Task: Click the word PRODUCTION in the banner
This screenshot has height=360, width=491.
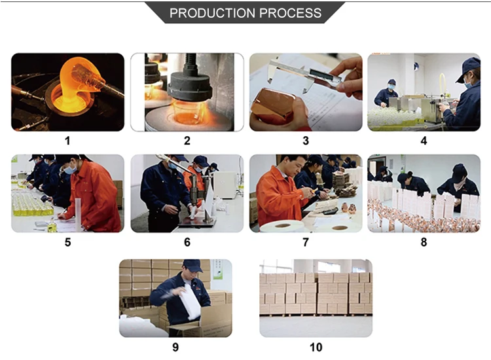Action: pos(212,13)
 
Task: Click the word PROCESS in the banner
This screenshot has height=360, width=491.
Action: pos(291,13)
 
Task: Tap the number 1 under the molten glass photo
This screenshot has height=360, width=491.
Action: pos(67,141)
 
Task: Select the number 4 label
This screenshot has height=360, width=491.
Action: pos(424,141)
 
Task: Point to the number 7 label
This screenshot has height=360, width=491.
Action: pos(306,242)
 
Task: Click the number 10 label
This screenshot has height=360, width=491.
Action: pos(316,347)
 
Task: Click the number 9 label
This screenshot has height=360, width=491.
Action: pos(175,347)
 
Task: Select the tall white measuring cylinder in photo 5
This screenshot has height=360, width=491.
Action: pos(78,215)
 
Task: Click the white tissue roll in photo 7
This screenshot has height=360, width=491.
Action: pos(282,226)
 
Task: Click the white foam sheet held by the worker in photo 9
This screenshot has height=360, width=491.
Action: pos(189,301)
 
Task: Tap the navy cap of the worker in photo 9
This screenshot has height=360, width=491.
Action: pos(192,265)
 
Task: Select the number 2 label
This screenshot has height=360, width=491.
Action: pos(187,141)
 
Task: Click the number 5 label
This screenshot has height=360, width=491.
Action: pos(67,242)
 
